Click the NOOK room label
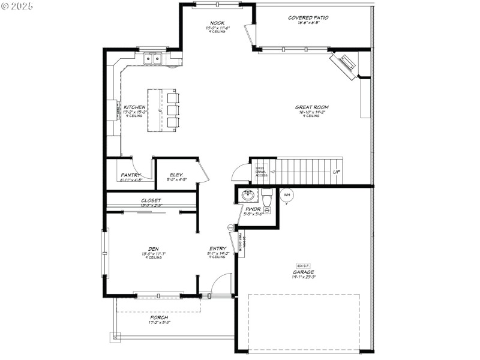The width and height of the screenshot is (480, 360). tap(217, 23)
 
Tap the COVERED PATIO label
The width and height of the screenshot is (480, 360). tap(308, 18)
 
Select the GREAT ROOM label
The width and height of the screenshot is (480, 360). tap(311, 108)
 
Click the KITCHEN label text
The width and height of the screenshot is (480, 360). tap(134, 107)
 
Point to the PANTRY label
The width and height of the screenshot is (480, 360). tap(130, 175)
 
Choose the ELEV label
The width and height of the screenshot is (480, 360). tap(176, 175)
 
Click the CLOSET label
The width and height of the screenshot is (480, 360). tap(151, 201)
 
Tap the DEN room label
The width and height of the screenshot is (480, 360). tap(153, 249)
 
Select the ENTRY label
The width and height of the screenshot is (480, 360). tap(217, 248)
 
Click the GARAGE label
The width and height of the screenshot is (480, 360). tap(304, 272)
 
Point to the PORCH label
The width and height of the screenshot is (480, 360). tap(159, 317)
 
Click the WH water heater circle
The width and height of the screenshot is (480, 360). tap(287, 195)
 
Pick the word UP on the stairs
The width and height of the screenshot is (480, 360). tap(337, 172)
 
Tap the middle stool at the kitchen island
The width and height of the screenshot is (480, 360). tap(172, 110)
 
